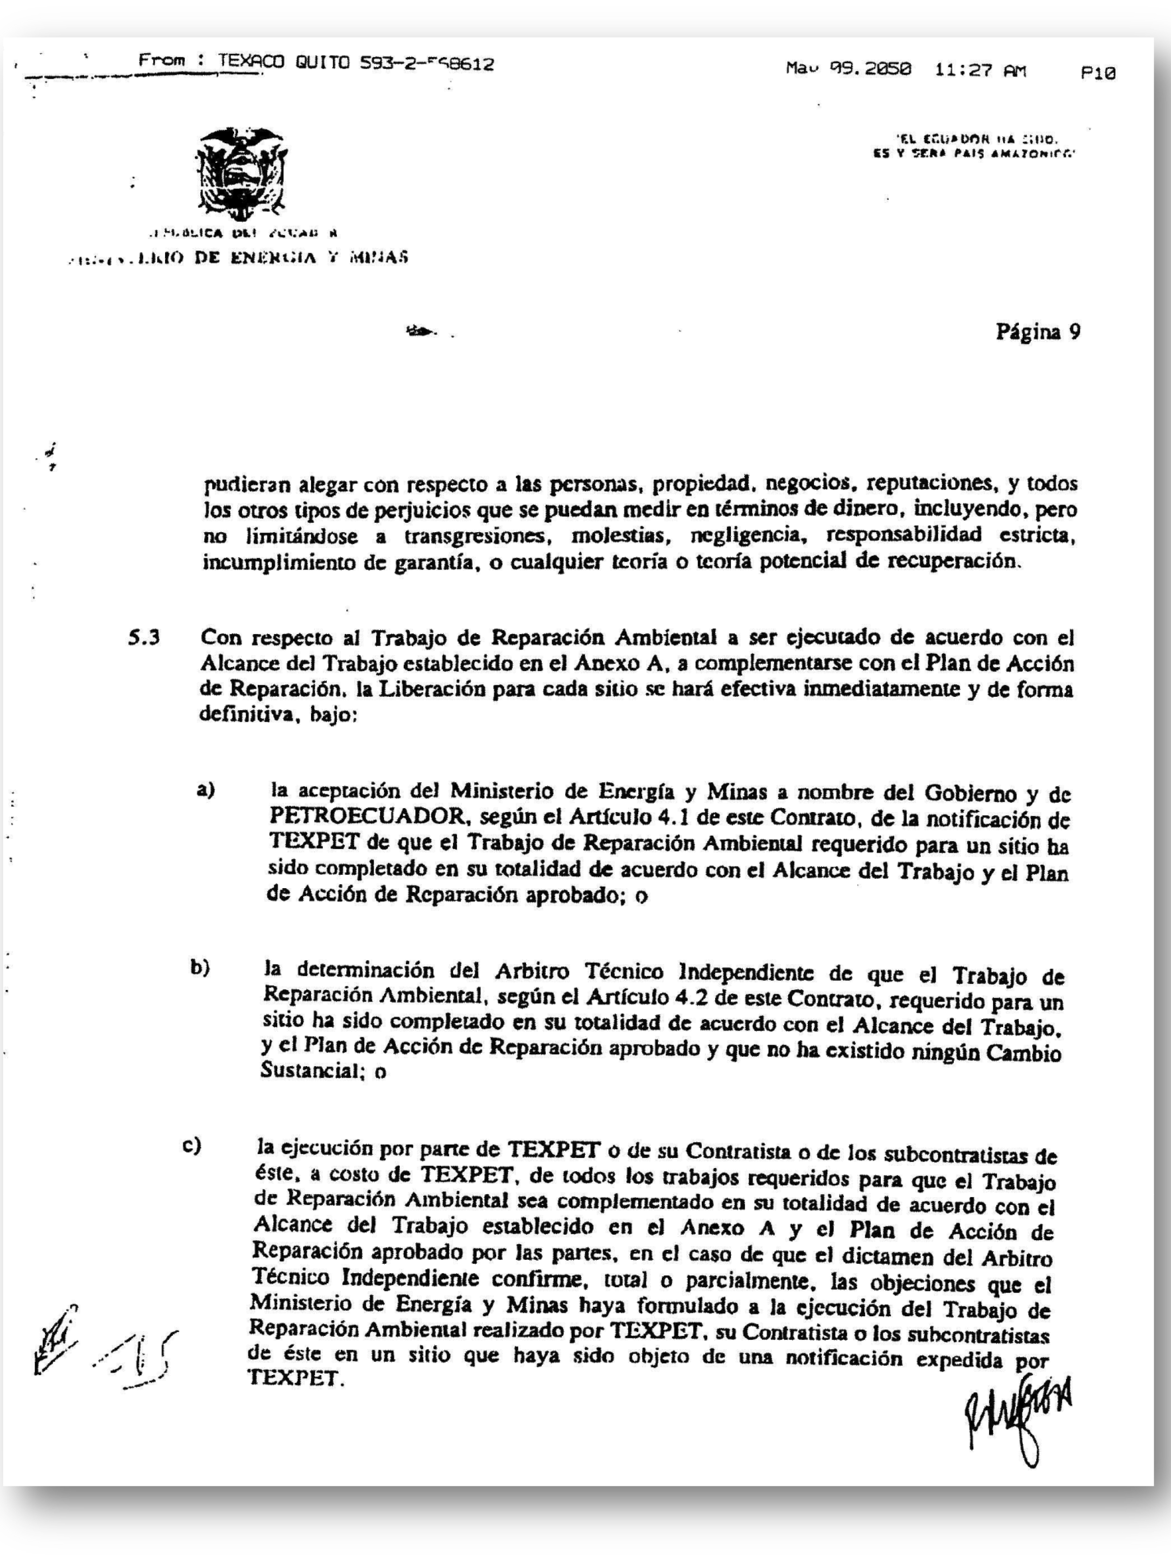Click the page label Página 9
1037,332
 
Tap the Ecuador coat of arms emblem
240,174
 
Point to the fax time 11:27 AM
981,71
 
